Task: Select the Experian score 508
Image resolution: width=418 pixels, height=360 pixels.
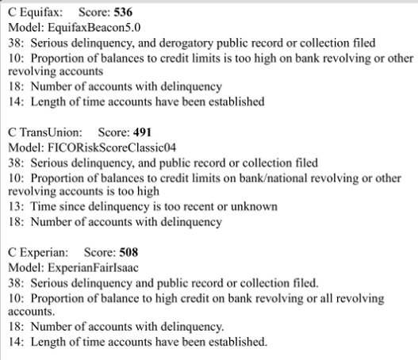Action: point(128,252)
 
